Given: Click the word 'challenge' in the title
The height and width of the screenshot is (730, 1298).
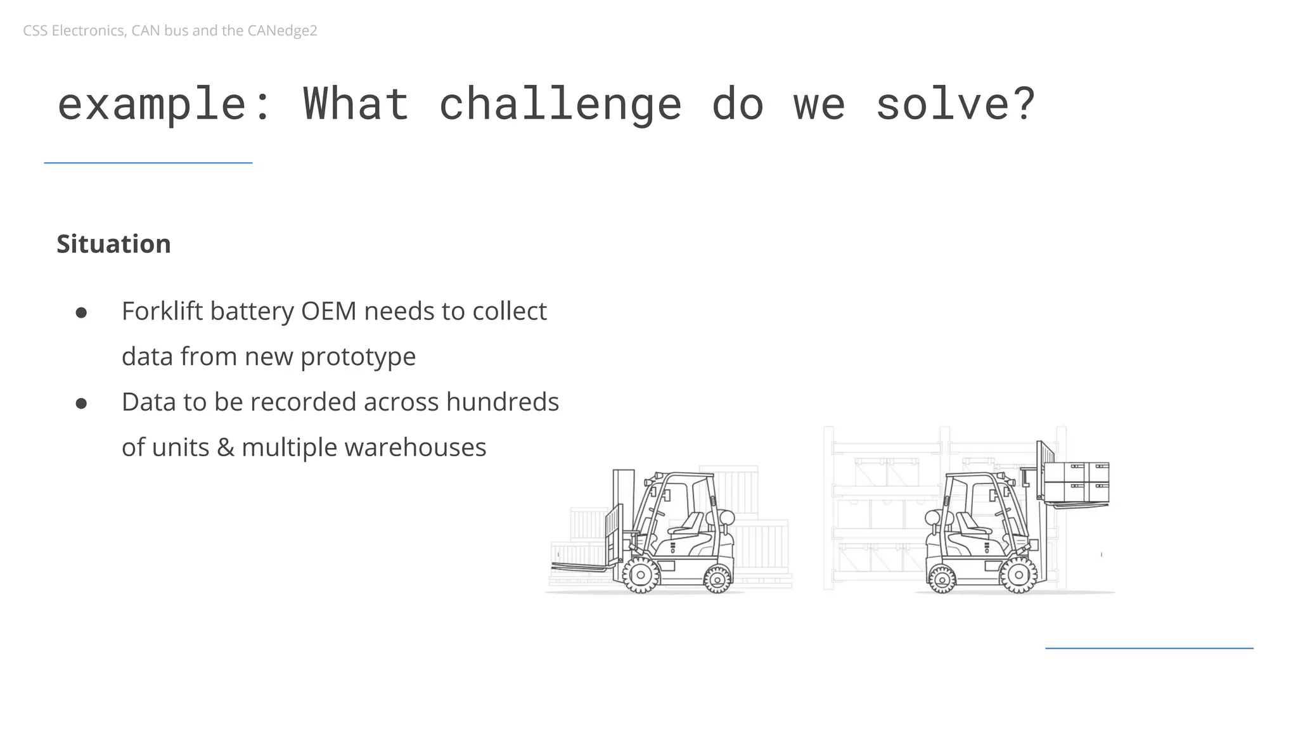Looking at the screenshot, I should pyautogui.click(x=560, y=104).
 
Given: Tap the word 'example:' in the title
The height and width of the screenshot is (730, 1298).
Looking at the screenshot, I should pyautogui.click(x=164, y=104).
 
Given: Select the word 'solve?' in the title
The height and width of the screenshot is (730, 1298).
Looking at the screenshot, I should pyautogui.click(x=955, y=104).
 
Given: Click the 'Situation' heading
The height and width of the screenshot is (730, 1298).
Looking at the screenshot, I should pyautogui.click(x=113, y=244).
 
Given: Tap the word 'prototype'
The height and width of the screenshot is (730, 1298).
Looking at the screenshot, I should pyautogui.click(x=357, y=357).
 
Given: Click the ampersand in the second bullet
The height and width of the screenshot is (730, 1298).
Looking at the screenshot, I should pyautogui.click(x=225, y=447).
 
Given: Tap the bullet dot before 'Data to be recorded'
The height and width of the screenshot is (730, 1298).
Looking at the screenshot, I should pyautogui.click(x=81, y=403).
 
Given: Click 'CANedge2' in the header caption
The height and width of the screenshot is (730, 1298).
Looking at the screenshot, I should pyautogui.click(x=282, y=30).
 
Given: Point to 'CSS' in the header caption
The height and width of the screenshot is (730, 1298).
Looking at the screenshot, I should pyautogui.click(x=35, y=30).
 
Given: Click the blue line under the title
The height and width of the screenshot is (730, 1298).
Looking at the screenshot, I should pyautogui.click(x=148, y=163).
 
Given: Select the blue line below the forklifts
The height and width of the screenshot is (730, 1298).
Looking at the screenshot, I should pyautogui.click(x=1148, y=648).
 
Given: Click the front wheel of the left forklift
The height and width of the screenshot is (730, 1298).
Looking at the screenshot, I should pyautogui.click(x=641, y=575).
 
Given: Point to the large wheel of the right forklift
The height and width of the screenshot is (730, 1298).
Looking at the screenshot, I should pyautogui.click(x=1018, y=575).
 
